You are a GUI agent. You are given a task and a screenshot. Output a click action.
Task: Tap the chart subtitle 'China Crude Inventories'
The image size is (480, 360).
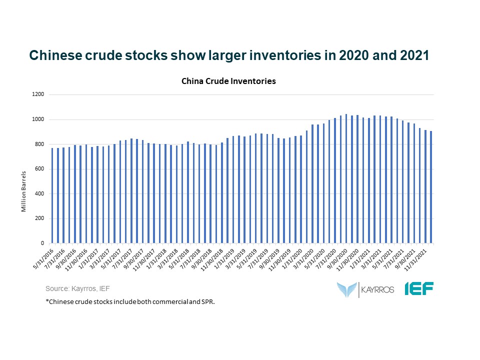tap(228, 81)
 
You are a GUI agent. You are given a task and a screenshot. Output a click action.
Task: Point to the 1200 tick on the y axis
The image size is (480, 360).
tap(38, 94)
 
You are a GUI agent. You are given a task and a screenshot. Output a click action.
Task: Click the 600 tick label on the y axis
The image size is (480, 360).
tap(40, 169)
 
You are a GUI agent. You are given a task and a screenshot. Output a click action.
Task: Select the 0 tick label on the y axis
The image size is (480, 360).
tap(42, 243)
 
